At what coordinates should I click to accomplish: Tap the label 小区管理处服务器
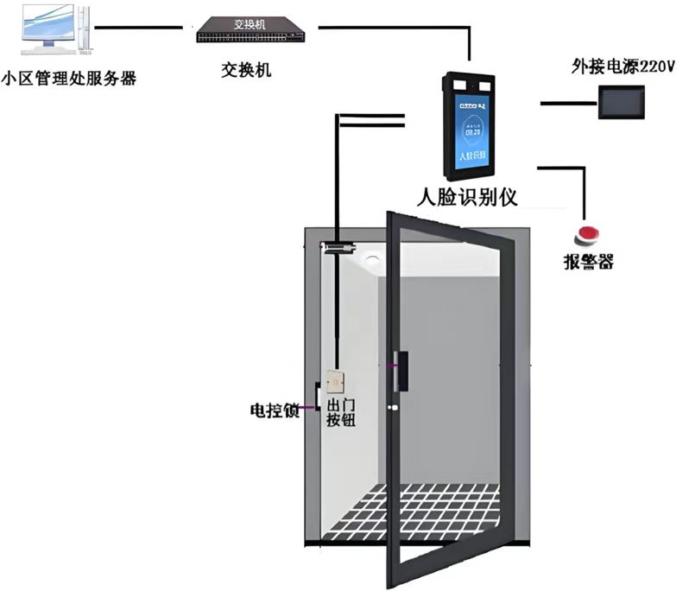point(69,80)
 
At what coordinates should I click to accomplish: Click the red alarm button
point(590,234)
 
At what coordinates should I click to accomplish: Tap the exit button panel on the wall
point(335,381)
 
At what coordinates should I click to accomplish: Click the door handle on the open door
point(400,371)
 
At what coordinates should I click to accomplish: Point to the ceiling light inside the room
point(373,260)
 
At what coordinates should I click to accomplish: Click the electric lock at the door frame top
point(339,248)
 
